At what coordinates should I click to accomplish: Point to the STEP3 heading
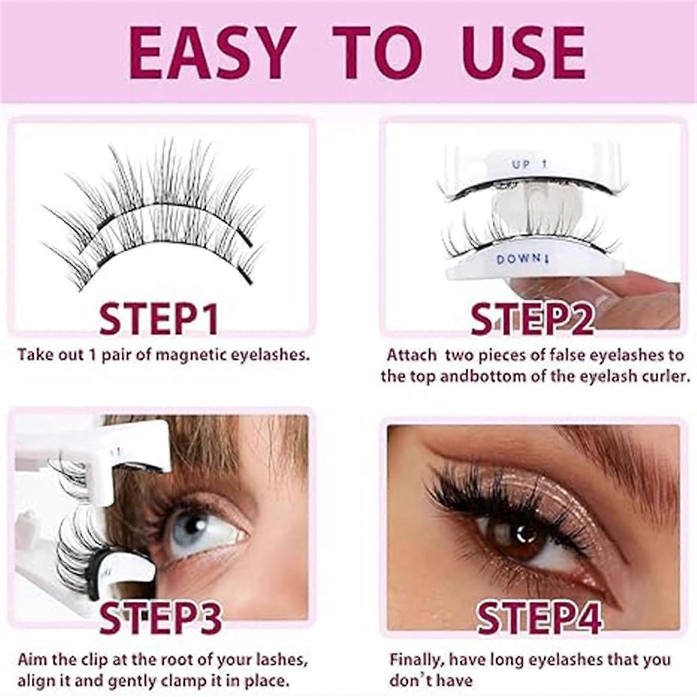point(160,618)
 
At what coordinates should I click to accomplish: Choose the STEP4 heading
point(539,618)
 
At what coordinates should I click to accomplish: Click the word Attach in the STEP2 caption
point(411,355)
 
